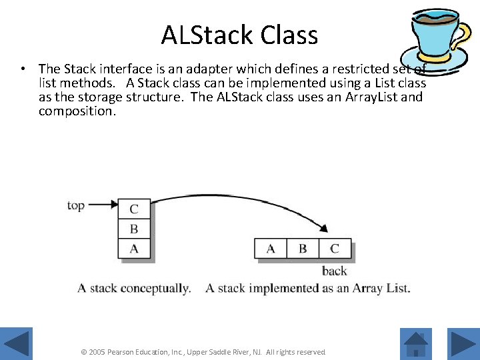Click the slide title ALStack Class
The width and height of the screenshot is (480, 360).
click(x=239, y=35)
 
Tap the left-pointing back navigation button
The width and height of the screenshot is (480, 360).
click(x=16, y=344)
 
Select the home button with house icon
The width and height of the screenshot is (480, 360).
click(x=416, y=344)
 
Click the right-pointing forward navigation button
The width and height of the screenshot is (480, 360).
click(x=463, y=344)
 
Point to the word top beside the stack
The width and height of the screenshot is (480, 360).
click(x=75, y=205)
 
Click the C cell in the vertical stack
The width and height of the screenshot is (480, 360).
click(x=134, y=209)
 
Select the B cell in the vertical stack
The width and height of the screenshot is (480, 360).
click(x=134, y=229)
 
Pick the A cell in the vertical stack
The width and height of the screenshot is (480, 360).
click(x=134, y=249)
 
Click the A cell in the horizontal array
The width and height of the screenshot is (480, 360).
click(x=271, y=249)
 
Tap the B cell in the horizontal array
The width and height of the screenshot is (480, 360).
click(x=303, y=249)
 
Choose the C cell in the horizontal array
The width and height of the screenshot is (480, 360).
click(x=335, y=249)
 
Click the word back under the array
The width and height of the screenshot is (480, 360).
click(x=335, y=271)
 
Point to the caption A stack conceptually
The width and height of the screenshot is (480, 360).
click(x=134, y=288)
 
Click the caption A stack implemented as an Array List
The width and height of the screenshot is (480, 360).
click(x=308, y=288)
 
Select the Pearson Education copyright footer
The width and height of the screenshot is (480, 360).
click(x=203, y=351)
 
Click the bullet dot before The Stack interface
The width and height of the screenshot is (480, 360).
click(x=23, y=69)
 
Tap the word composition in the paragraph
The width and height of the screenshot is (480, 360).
click(x=77, y=111)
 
